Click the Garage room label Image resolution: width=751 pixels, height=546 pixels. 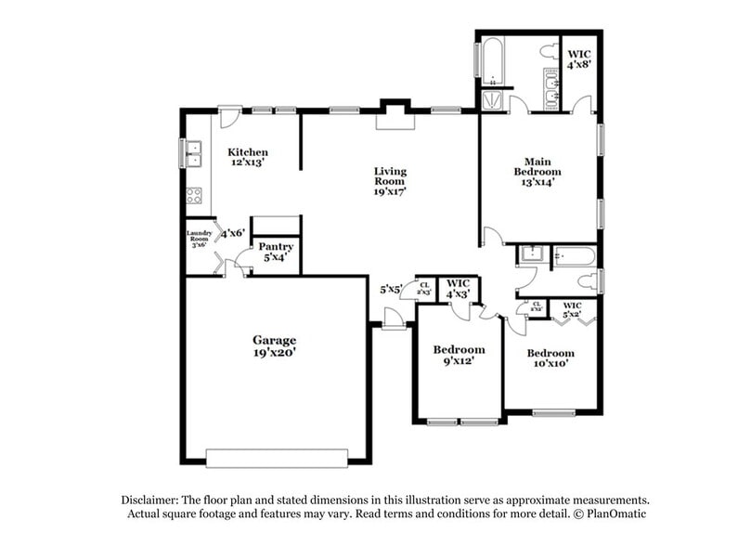coord(274,345)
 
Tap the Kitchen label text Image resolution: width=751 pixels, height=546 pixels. coord(248,157)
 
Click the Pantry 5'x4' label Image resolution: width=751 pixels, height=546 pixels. coord(276,252)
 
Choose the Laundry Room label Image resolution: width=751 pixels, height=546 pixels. coord(200,239)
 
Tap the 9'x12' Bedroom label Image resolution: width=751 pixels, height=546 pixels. coord(460,355)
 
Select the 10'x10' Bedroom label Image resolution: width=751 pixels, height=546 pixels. coord(550,358)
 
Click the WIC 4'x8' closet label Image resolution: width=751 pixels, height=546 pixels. coord(581,59)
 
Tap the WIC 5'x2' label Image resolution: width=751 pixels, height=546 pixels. coord(572,309)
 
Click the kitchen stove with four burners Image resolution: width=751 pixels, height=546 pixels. coord(195,196)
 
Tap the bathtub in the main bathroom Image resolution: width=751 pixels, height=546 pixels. coord(490,58)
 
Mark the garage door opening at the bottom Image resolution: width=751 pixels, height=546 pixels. coord(276,458)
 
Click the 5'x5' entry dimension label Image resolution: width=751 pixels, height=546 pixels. coord(390,289)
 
